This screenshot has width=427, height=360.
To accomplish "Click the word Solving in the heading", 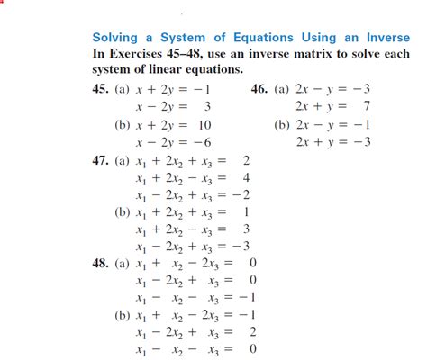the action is pos(117,38).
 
